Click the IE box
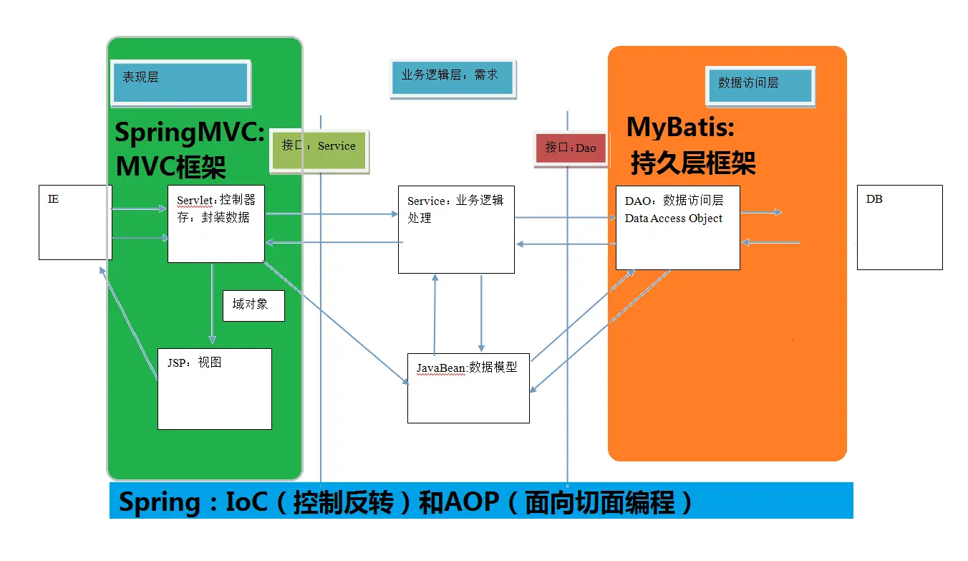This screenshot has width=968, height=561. [x=74, y=222]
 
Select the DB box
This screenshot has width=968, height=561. [x=899, y=227]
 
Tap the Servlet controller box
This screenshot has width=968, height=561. [x=216, y=224]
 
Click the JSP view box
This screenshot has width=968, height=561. [x=214, y=388]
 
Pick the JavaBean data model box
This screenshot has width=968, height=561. [x=468, y=388]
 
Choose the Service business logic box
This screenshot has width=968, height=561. [x=456, y=229]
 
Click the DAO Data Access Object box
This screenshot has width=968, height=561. [x=677, y=228]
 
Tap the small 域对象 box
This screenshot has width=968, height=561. [x=253, y=305]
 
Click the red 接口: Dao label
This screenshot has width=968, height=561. [x=571, y=148]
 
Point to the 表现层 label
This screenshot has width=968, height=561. [x=180, y=82]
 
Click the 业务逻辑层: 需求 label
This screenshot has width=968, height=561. [x=452, y=77]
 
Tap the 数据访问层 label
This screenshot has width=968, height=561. [x=760, y=85]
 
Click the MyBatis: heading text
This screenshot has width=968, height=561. [x=681, y=128]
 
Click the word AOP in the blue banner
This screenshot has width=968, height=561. [x=471, y=502]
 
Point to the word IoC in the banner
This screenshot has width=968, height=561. [x=246, y=502]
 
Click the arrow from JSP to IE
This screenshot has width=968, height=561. [x=129, y=322]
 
